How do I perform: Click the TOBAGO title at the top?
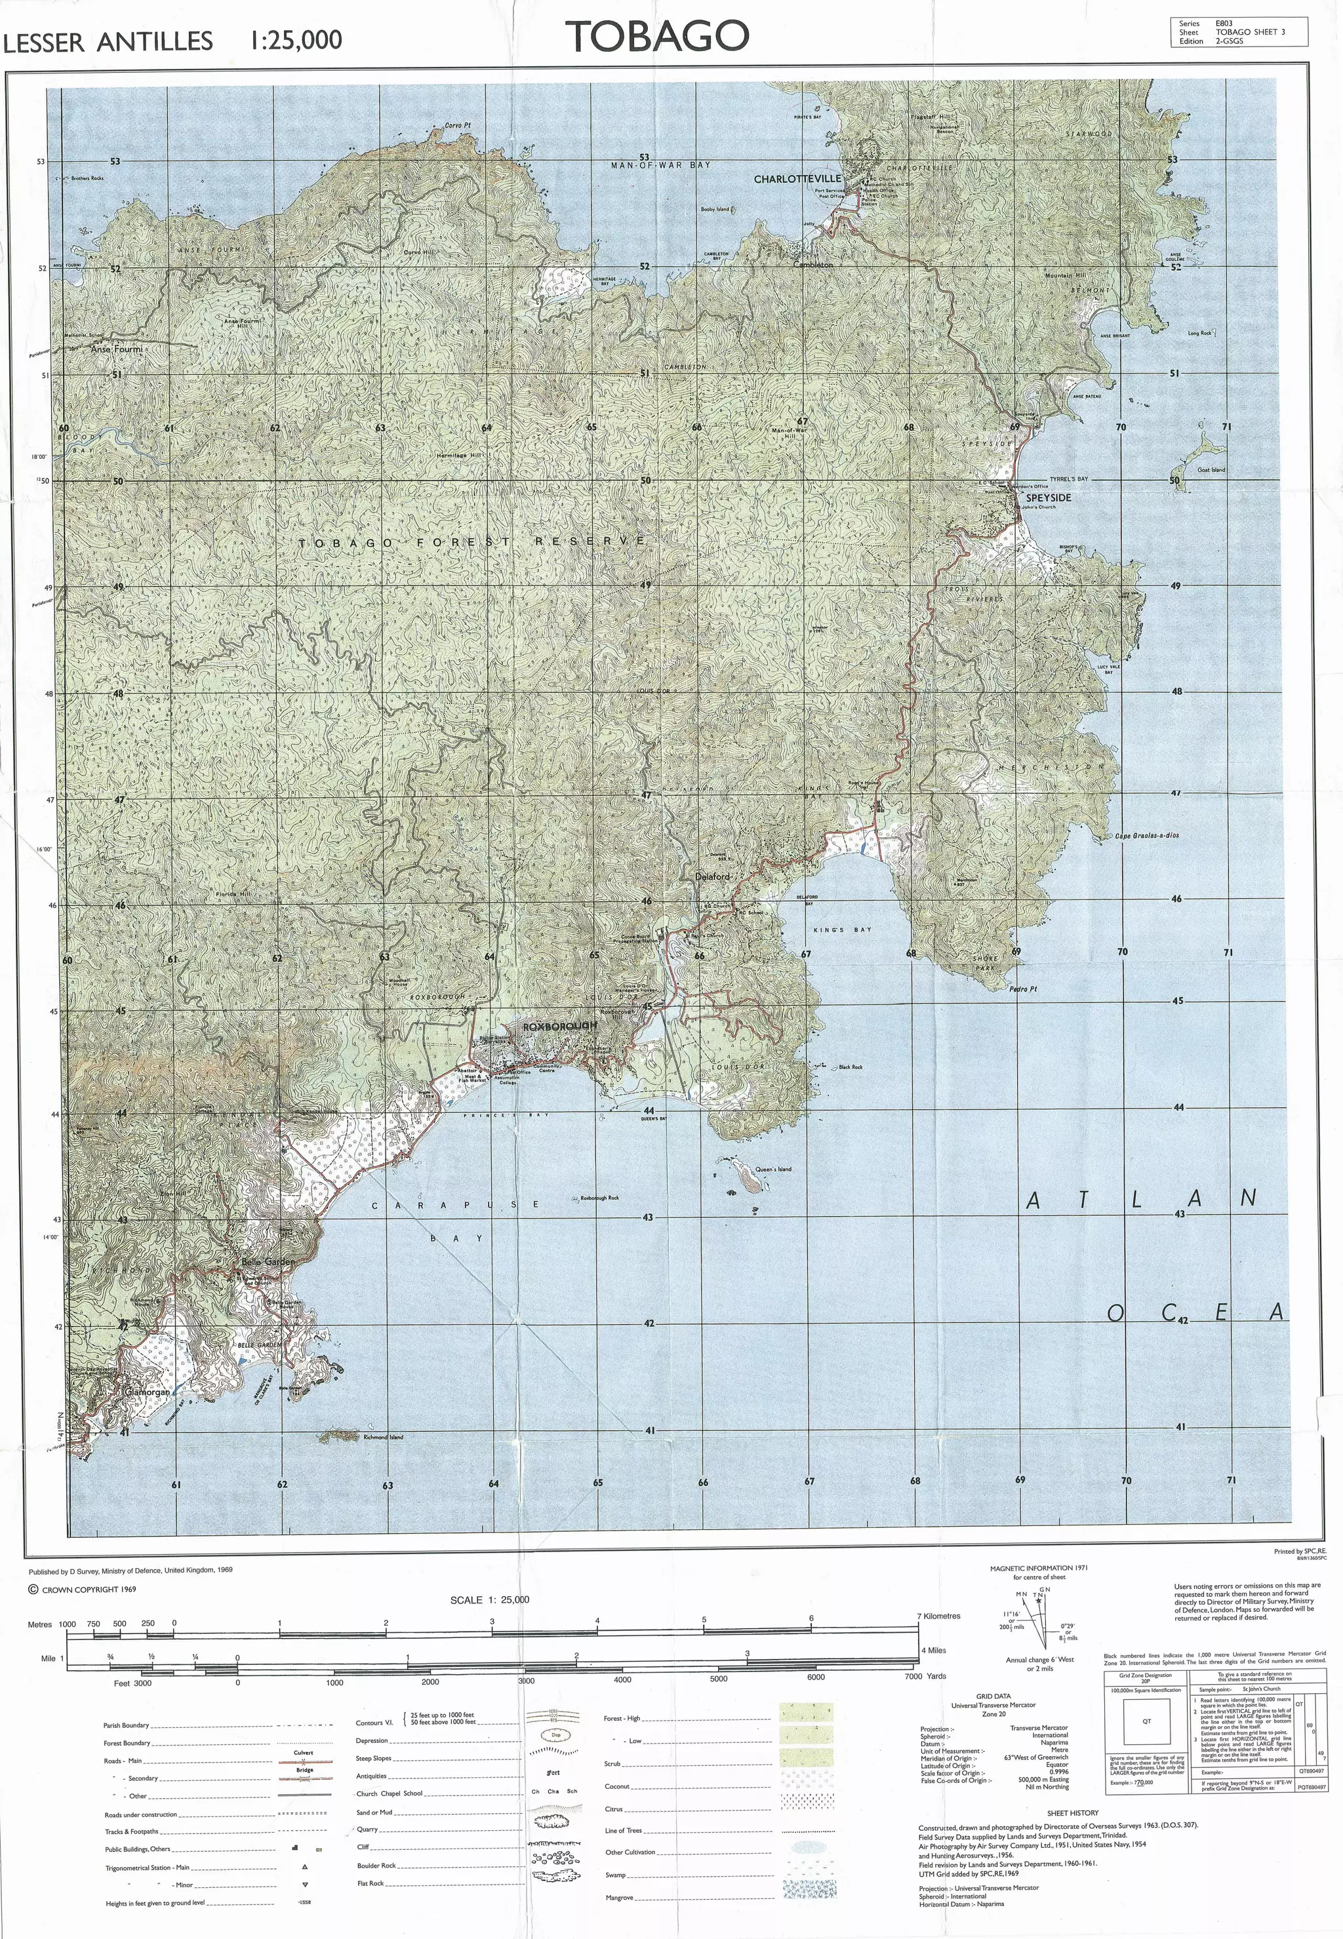pyautogui.click(x=657, y=36)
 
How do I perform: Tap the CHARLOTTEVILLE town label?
pyautogui.click(x=797, y=179)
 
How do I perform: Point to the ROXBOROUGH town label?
pyautogui.click(x=559, y=1027)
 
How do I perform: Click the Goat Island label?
pyautogui.click(x=1211, y=470)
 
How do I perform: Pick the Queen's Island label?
pyautogui.click(x=772, y=1169)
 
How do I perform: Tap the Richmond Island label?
pyautogui.click(x=383, y=1437)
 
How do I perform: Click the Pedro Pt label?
pyautogui.click(x=1022, y=989)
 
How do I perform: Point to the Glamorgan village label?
pyautogui.click(x=148, y=1392)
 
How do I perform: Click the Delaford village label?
pyautogui.click(x=712, y=876)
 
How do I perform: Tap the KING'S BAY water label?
pyautogui.click(x=842, y=930)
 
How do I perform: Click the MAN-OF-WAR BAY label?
pyautogui.click(x=660, y=166)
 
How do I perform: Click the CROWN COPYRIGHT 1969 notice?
pyautogui.click(x=83, y=1590)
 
